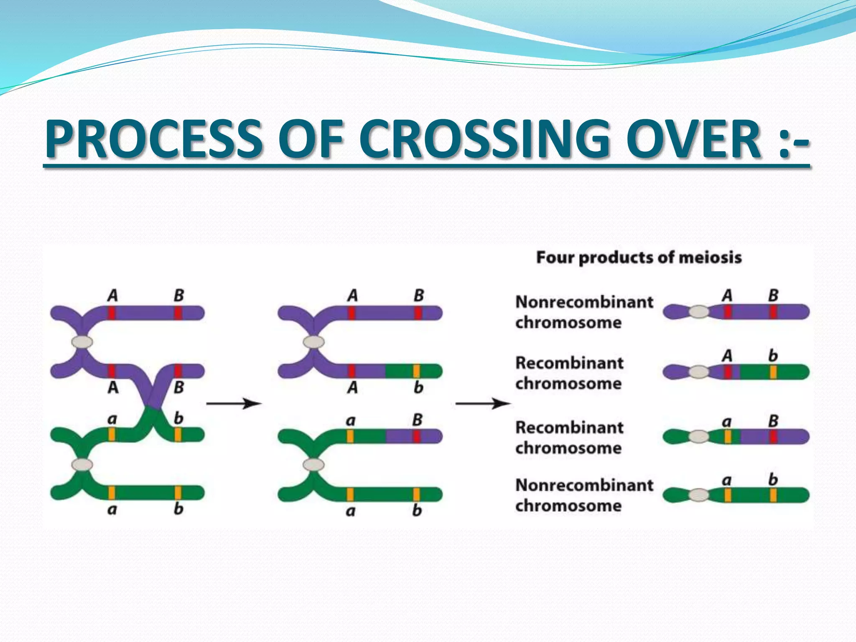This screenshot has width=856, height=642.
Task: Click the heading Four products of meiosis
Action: coord(639,257)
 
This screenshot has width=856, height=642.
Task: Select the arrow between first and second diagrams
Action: coord(234,403)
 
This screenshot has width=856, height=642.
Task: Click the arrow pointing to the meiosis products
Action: coord(483,403)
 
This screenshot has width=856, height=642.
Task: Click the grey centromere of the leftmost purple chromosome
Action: coord(82,342)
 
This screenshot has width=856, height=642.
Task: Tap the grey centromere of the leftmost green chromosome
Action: coord(82,464)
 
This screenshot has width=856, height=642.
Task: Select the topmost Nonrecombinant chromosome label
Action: coord(583,312)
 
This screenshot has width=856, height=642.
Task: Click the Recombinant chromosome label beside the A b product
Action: coord(569,373)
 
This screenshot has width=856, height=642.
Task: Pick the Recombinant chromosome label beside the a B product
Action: coord(569,437)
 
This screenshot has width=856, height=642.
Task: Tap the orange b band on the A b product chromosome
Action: coord(773,372)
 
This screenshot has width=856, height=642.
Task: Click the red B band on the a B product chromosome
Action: coord(773,437)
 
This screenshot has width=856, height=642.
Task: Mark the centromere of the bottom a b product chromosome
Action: coord(699,495)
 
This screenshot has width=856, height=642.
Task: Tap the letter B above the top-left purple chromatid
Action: coord(178,296)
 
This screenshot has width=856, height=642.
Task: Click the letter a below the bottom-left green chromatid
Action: coord(112,510)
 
